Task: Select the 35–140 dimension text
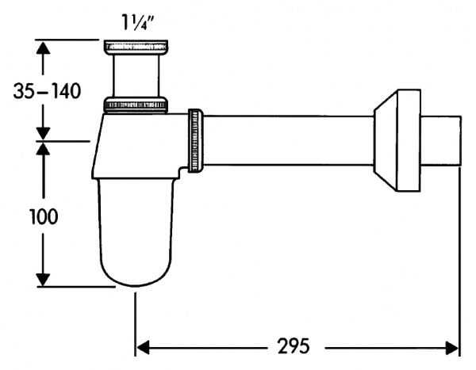click(48, 92)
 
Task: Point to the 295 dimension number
click(294, 347)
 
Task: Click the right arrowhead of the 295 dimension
click(453, 347)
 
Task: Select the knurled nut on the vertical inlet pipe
click(136, 105)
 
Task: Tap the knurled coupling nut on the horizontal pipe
click(195, 139)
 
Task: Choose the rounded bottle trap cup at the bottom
click(136, 238)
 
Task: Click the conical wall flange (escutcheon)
click(397, 140)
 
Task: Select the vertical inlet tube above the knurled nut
click(136, 77)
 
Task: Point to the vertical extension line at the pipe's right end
click(461, 254)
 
